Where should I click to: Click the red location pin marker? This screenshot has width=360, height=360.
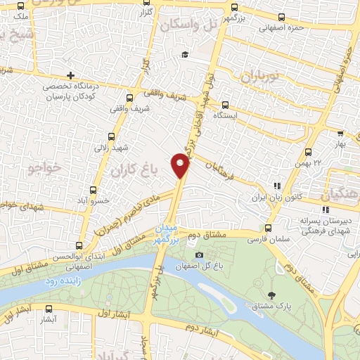click(x=181, y=165)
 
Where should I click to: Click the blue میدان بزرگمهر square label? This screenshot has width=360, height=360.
click(x=167, y=234)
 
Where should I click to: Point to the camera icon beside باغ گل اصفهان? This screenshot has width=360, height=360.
click(x=199, y=255)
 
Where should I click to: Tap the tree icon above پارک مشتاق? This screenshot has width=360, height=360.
click(x=272, y=294)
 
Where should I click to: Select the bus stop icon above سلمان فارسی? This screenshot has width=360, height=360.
click(x=268, y=228)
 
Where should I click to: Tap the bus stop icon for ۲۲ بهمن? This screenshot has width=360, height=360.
click(x=308, y=152)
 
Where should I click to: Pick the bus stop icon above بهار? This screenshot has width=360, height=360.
click(x=340, y=132)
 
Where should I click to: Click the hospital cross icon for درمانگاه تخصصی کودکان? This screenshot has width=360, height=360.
click(x=70, y=75)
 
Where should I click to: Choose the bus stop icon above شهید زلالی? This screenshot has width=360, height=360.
click(x=111, y=137)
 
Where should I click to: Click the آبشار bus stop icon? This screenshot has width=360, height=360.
click(x=49, y=309)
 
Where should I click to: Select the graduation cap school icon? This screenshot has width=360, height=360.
click(x=184, y=55)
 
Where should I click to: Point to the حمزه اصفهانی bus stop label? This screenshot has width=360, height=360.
click(x=281, y=29)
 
